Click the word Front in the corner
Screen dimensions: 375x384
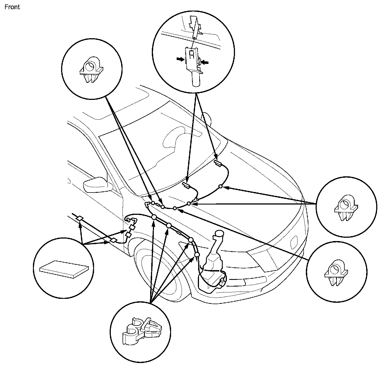[12, 7]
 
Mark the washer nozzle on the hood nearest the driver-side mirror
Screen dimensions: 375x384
[186, 185]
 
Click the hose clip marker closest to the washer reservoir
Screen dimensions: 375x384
[197, 255]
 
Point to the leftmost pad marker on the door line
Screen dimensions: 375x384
[80, 218]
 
